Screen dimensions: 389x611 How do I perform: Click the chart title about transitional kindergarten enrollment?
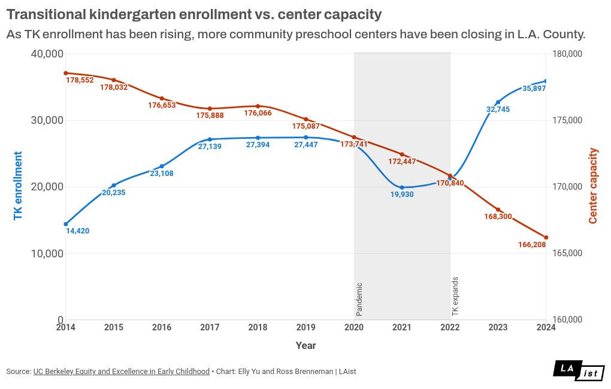point(193,13)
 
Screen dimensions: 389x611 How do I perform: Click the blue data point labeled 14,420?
point(66,224)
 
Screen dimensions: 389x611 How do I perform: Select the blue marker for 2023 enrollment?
point(498,102)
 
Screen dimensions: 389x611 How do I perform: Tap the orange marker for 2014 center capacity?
point(66,73)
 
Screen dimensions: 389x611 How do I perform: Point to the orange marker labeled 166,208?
point(546,238)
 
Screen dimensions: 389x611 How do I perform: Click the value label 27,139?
point(210,147)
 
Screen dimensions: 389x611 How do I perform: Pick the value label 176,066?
point(258,113)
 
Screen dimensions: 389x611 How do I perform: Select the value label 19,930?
point(402,195)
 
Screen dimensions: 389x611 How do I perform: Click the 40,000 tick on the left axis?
point(47,54)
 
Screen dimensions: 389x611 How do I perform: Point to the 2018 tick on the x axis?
point(258,327)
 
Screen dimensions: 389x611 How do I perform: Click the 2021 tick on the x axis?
point(402,327)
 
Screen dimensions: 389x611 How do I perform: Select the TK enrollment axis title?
point(18,186)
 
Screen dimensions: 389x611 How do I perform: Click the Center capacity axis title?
point(593,186)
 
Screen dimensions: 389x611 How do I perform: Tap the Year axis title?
point(305,345)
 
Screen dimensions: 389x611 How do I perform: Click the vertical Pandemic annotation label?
point(359,299)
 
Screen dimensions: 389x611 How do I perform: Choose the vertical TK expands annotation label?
point(455,297)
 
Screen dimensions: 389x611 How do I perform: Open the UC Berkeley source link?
point(122,372)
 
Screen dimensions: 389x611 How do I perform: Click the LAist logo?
point(578,371)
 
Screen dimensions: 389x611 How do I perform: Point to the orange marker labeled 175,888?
point(210,109)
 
